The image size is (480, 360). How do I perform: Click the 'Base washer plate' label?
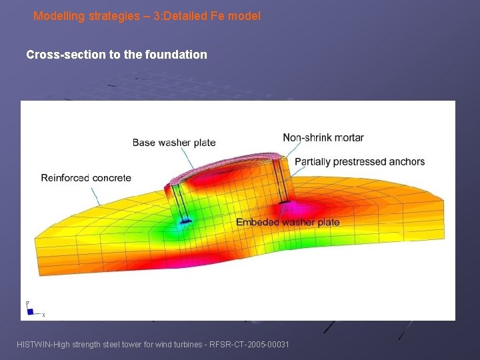click(x=174, y=142)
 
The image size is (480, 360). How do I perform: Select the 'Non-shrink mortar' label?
click(x=323, y=137)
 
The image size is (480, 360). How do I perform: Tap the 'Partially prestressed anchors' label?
click(x=359, y=161)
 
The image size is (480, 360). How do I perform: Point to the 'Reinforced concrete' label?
click(x=86, y=177)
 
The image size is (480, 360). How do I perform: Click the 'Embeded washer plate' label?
click(x=287, y=222)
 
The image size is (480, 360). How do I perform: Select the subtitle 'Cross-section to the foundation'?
click(x=117, y=55)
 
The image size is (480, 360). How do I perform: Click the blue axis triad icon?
click(x=30, y=310)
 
